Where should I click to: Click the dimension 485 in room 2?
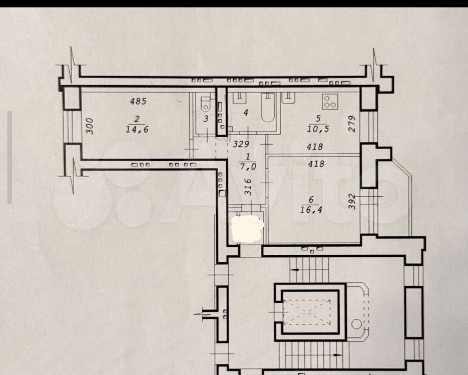click(138, 101)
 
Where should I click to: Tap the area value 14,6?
click(137, 129)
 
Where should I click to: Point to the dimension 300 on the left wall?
click(89, 126)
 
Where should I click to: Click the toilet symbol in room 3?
click(206, 104)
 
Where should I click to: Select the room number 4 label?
click(246, 113)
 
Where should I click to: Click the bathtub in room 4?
click(268, 107)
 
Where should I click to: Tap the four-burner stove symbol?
click(330, 102)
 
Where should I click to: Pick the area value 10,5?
click(318, 129)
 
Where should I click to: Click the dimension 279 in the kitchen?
click(352, 124)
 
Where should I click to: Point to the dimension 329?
click(241, 144)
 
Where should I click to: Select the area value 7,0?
click(248, 166)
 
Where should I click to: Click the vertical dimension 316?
click(248, 187)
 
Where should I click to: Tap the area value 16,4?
click(311, 209)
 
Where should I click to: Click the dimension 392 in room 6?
click(352, 201)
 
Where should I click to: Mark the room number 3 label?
click(206, 119)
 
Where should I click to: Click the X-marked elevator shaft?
click(307, 312)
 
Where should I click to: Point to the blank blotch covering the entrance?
click(248, 229)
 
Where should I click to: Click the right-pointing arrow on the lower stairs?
click(337, 355)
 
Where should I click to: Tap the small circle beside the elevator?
click(357, 324)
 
